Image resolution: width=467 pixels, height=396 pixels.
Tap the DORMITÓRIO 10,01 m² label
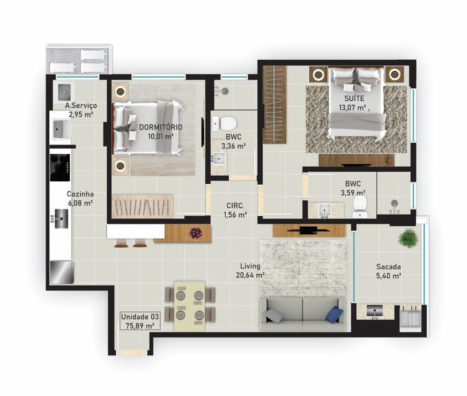click(161, 131)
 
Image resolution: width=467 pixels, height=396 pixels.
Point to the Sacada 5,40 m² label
click(389, 271)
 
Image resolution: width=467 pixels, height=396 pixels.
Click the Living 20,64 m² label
click(250, 270)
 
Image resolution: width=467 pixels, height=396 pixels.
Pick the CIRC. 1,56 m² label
click(235, 210)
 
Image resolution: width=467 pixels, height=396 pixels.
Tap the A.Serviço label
click(81, 110)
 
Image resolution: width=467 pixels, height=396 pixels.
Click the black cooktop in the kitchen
click(60, 167)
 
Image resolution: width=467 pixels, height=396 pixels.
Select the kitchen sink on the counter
click(60, 219)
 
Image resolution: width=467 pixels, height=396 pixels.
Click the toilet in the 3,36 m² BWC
click(225, 123)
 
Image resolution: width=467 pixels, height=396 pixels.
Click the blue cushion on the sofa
click(334, 315)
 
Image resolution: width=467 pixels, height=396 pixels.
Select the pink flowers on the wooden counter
click(196, 233)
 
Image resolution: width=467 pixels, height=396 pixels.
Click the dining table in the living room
click(189, 305)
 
